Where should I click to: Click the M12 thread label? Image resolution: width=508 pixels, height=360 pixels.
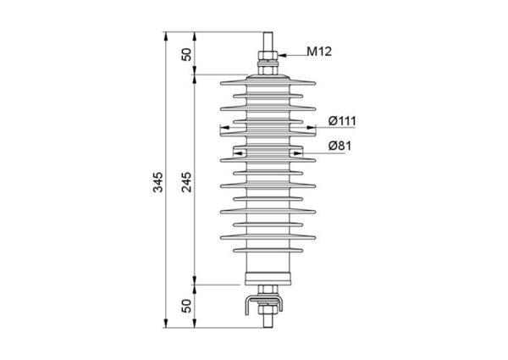pyautogui.click(x=319, y=52)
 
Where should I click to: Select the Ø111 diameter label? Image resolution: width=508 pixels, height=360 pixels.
pyautogui.click(x=342, y=121)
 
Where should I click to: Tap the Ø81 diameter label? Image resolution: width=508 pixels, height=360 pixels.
pyautogui.click(x=340, y=146)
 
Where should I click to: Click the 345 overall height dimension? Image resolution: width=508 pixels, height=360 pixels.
pyautogui.click(x=157, y=182)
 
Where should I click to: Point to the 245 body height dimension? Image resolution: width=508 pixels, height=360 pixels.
pyautogui.click(x=186, y=182)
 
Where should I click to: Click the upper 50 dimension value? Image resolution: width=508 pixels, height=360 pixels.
pyautogui.click(x=186, y=54)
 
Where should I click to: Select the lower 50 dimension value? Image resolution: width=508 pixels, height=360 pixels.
pyautogui.click(x=186, y=306)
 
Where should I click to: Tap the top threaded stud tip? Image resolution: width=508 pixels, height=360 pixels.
pyautogui.click(x=268, y=32)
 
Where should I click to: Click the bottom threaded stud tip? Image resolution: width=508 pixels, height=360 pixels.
pyautogui.click(x=268, y=327)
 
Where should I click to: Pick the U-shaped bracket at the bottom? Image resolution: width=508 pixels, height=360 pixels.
pyautogui.click(x=263, y=305)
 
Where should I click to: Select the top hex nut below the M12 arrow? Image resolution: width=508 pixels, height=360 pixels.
pyautogui.click(x=268, y=55)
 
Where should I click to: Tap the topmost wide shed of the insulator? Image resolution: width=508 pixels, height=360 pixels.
pyautogui.click(x=268, y=83)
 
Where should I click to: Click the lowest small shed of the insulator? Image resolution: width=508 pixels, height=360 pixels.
pyautogui.click(x=268, y=250)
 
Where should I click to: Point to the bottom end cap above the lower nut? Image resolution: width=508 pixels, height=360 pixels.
pyautogui.click(x=268, y=279)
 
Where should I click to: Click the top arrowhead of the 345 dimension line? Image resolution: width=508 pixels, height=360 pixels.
pyautogui.click(x=166, y=36)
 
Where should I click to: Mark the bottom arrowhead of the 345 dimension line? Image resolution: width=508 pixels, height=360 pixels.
pyautogui.click(x=166, y=324)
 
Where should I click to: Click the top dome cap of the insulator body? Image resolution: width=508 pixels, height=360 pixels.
pyautogui.click(x=268, y=77)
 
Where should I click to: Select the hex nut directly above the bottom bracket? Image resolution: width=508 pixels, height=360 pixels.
pyautogui.click(x=268, y=290)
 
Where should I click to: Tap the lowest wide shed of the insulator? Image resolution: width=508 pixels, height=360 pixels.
pyautogui.click(x=268, y=237)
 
